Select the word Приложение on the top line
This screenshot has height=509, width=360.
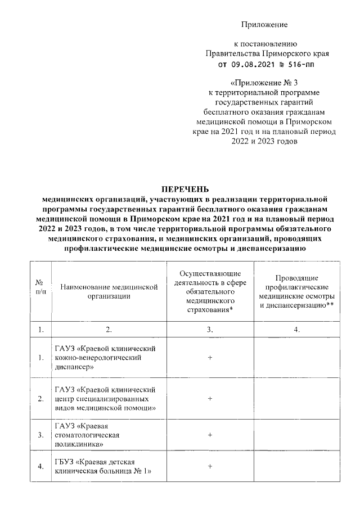tap(264, 25)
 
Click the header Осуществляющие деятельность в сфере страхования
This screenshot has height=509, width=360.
tap(209, 291)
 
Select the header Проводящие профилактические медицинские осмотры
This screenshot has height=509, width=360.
tap(298, 291)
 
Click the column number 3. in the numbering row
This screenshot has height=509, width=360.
tap(209, 330)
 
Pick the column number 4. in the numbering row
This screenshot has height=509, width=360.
tap(298, 330)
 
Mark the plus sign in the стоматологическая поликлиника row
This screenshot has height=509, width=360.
tap(209, 435)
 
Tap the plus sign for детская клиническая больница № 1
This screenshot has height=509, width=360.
tap(209, 466)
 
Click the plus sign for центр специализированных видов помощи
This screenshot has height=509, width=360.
tap(209, 398)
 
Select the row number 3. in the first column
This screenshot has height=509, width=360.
tap(40, 435)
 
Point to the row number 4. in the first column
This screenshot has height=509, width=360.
tap(40, 466)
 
